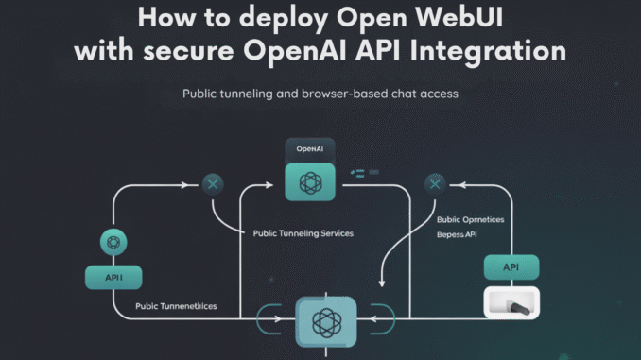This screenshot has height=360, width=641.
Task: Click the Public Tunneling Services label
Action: (303, 232)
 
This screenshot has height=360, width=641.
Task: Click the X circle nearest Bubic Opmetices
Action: (434, 183)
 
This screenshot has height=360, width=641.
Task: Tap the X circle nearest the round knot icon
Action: (213, 183)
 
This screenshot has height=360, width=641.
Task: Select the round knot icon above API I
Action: (114, 244)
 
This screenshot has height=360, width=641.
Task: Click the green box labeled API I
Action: (114, 277)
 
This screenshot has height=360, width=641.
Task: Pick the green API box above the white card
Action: (511, 267)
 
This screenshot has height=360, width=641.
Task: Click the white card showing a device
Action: (511, 301)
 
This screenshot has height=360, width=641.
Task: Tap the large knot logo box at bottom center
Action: (326, 321)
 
